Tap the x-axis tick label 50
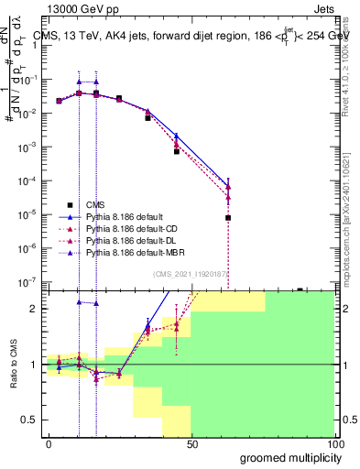click(191, 443)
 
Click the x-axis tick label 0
click(49, 443)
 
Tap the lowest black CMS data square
click(227, 218)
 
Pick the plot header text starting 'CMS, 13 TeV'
click(192, 37)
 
